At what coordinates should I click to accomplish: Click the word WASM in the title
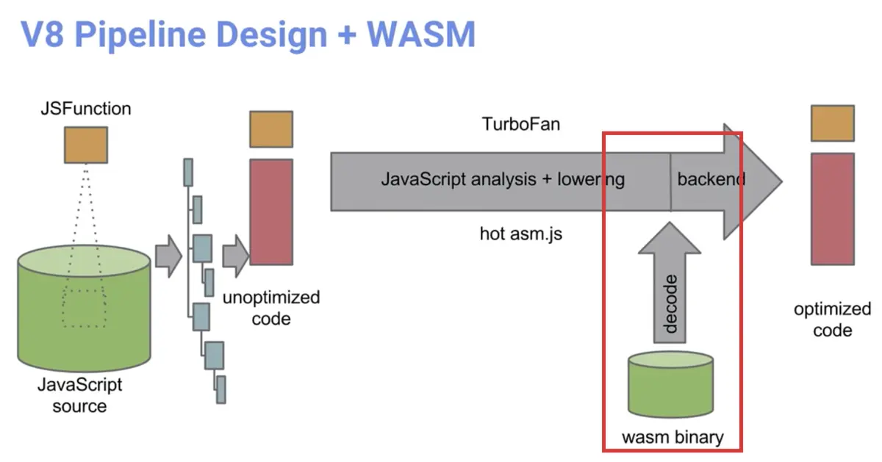tap(421, 35)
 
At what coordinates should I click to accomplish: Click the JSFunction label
tap(86, 109)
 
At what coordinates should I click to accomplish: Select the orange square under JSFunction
tap(86, 145)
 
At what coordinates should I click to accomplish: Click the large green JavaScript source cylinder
tap(84, 308)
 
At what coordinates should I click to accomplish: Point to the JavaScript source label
tap(80, 395)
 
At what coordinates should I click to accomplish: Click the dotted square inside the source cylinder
tap(84, 308)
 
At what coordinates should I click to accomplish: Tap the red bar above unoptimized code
tap(271, 212)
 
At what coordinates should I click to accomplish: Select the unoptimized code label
tap(271, 308)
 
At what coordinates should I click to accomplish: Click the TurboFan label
tap(521, 124)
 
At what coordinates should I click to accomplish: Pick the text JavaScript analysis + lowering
tap(503, 180)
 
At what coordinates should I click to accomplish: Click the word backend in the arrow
tap(711, 179)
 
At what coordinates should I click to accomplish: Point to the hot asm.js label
tap(521, 234)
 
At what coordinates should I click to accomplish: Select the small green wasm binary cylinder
tap(670, 384)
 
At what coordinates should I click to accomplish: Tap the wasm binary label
tap(673, 437)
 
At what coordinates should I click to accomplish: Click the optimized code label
tap(832, 320)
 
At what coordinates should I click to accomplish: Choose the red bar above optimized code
tap(832, 209)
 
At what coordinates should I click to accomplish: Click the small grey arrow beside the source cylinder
tap(168, 256)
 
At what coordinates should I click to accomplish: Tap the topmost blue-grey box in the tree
tap(188, 173)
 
